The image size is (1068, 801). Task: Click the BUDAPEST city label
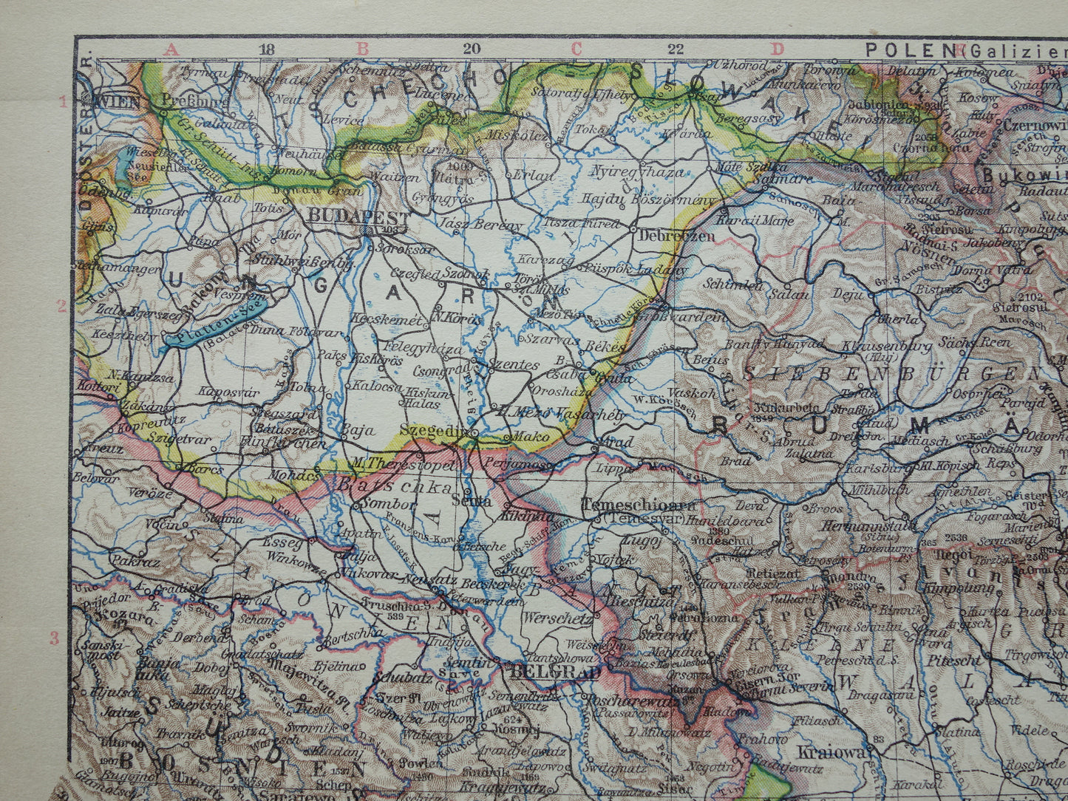click(x=358, y=215)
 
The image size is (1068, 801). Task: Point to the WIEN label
click(x=117, y=101)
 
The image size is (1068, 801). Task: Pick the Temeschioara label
click(x=639, y=505)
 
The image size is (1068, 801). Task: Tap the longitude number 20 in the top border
click(x=472, y=50)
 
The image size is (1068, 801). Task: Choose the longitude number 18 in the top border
click(x=267, y=50)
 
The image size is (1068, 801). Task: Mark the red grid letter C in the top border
click(x=576, y=50)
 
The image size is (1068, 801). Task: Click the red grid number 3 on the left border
click(x=54, y=638)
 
